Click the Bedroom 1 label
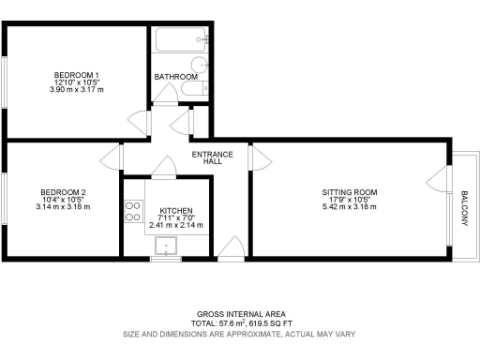click(76, 74)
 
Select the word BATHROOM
click(176, 76)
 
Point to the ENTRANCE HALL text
click(206, 157)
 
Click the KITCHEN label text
click(176, 210)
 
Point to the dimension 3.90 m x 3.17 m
click(76, 89)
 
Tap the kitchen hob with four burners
click(132, 212)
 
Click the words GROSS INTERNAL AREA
click(241, 313)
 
